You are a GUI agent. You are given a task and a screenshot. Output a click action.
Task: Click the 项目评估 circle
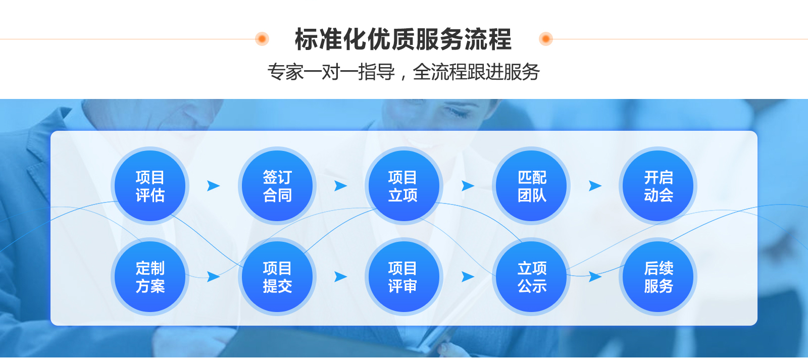pyautogui.click(x=150, y=186)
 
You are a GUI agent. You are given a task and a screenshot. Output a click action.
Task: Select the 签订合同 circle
pyautogui.click(x=277, y=186)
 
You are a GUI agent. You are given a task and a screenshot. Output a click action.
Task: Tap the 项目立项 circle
pyautogui.click(x=403, y=186)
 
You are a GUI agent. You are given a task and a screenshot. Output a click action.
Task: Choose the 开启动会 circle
pyautogui.click(x=658, y=186)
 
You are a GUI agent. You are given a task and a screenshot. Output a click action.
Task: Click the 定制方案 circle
pyautogui.click(x=150, y=277)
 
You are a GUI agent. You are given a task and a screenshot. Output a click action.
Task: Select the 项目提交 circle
pyautogui.click(x=277, y=277)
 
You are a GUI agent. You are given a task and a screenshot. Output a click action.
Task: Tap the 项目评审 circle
pyautogui.click(x=403, y=277)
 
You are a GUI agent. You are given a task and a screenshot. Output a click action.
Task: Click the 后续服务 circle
pyautogui.click(x=658, y=277)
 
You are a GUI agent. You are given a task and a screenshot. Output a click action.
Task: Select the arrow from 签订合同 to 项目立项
pyautogui.click(x=340, y=186)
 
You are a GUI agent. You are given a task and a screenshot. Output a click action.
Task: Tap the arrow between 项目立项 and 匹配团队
pyautogui.click(x=468, y=186)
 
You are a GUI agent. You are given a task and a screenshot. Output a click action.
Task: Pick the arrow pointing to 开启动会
pyautogui.click(x=595, y=186)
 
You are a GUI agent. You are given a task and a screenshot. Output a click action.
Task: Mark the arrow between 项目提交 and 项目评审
pyautogui.click(x=340, y=277)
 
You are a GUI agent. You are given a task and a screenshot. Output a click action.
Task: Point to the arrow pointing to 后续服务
pyautogui.click(x=595, y=277)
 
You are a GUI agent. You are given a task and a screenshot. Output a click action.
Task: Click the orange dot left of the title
pyautogui.click(x=262, y=38)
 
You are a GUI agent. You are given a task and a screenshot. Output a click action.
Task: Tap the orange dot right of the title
pyautogui.click(x=546, y=38)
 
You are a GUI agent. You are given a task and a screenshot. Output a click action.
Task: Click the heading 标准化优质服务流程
pyautogui.click(x=403, y=39)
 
